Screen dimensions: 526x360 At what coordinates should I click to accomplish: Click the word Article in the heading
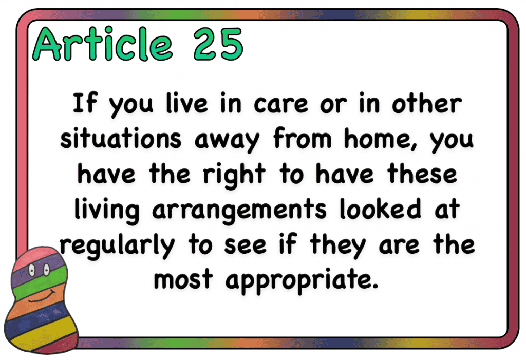[x=103, y=44]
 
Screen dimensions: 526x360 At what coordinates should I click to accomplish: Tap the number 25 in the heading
[x=218, y=44]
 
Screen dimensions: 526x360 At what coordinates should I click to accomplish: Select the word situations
[x=121, y=138]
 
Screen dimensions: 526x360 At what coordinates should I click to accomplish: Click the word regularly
[x=118, y=246]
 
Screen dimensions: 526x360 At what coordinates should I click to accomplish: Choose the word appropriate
[x=302, y=280]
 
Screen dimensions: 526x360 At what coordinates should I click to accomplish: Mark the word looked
[x=380, y=209]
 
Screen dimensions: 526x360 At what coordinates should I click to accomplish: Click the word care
[x=281, y=103]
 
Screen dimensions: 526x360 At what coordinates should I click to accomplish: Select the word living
[x=107, y=210]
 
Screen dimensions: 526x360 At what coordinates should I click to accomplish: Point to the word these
[x=422, y=174]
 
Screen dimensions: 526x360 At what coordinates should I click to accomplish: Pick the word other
[x=427, y=103]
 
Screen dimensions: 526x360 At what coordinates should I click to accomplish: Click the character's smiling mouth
[x=42, y=297]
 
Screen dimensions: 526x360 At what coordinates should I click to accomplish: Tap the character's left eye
[x=32, y=269]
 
